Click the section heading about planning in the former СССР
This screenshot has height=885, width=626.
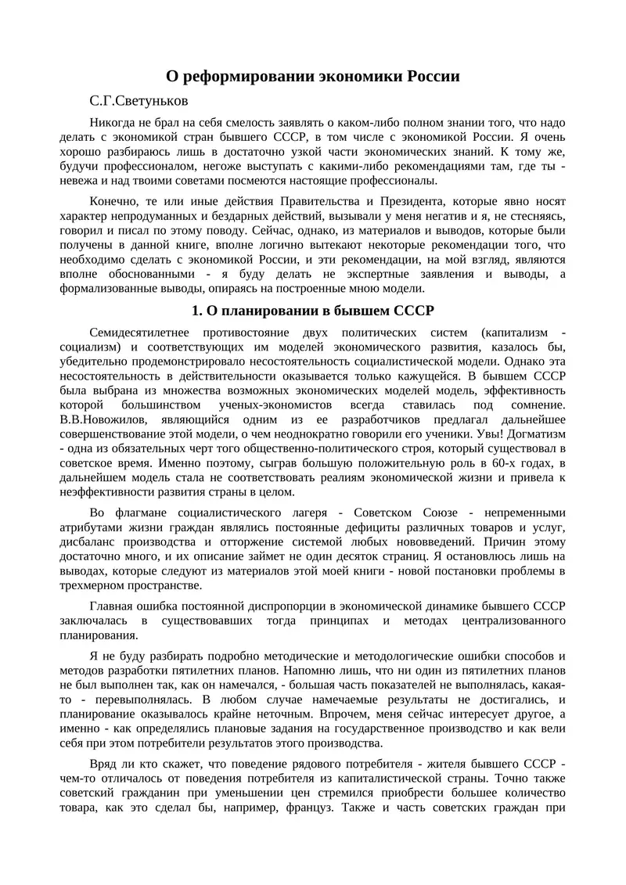313,310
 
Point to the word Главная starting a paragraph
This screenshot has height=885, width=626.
113,606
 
